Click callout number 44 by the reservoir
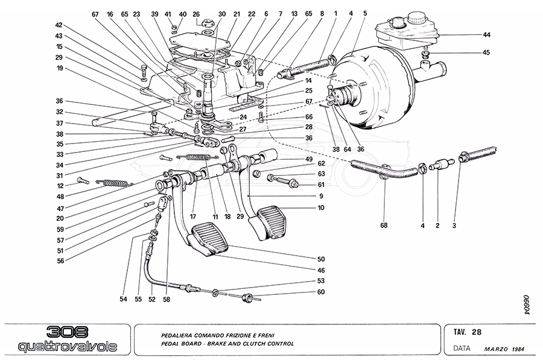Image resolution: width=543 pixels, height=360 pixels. tap(486, 35)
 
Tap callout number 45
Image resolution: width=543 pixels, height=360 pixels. tap(486, 52)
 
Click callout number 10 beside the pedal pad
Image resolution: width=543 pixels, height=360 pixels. tap(321, 207)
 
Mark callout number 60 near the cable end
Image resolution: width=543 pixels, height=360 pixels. tap(321, 292)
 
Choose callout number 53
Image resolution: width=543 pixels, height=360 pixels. tap(321, 281)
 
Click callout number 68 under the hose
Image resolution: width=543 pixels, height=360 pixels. tap(384, 226)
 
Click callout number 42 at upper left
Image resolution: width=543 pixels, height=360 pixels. tap(59, 25)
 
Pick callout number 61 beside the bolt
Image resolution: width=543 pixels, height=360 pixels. tap(321, 185)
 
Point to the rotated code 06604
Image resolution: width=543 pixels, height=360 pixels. tap(526, 305)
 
